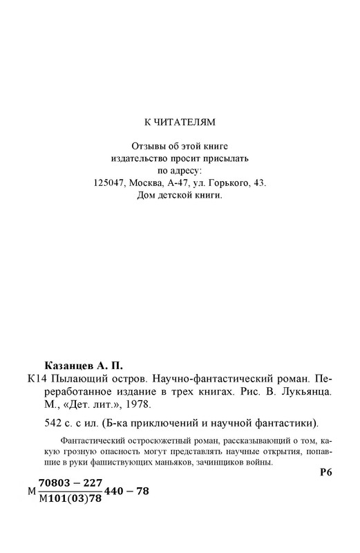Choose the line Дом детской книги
[x=180, y=196]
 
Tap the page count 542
[x=53, y=422]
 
